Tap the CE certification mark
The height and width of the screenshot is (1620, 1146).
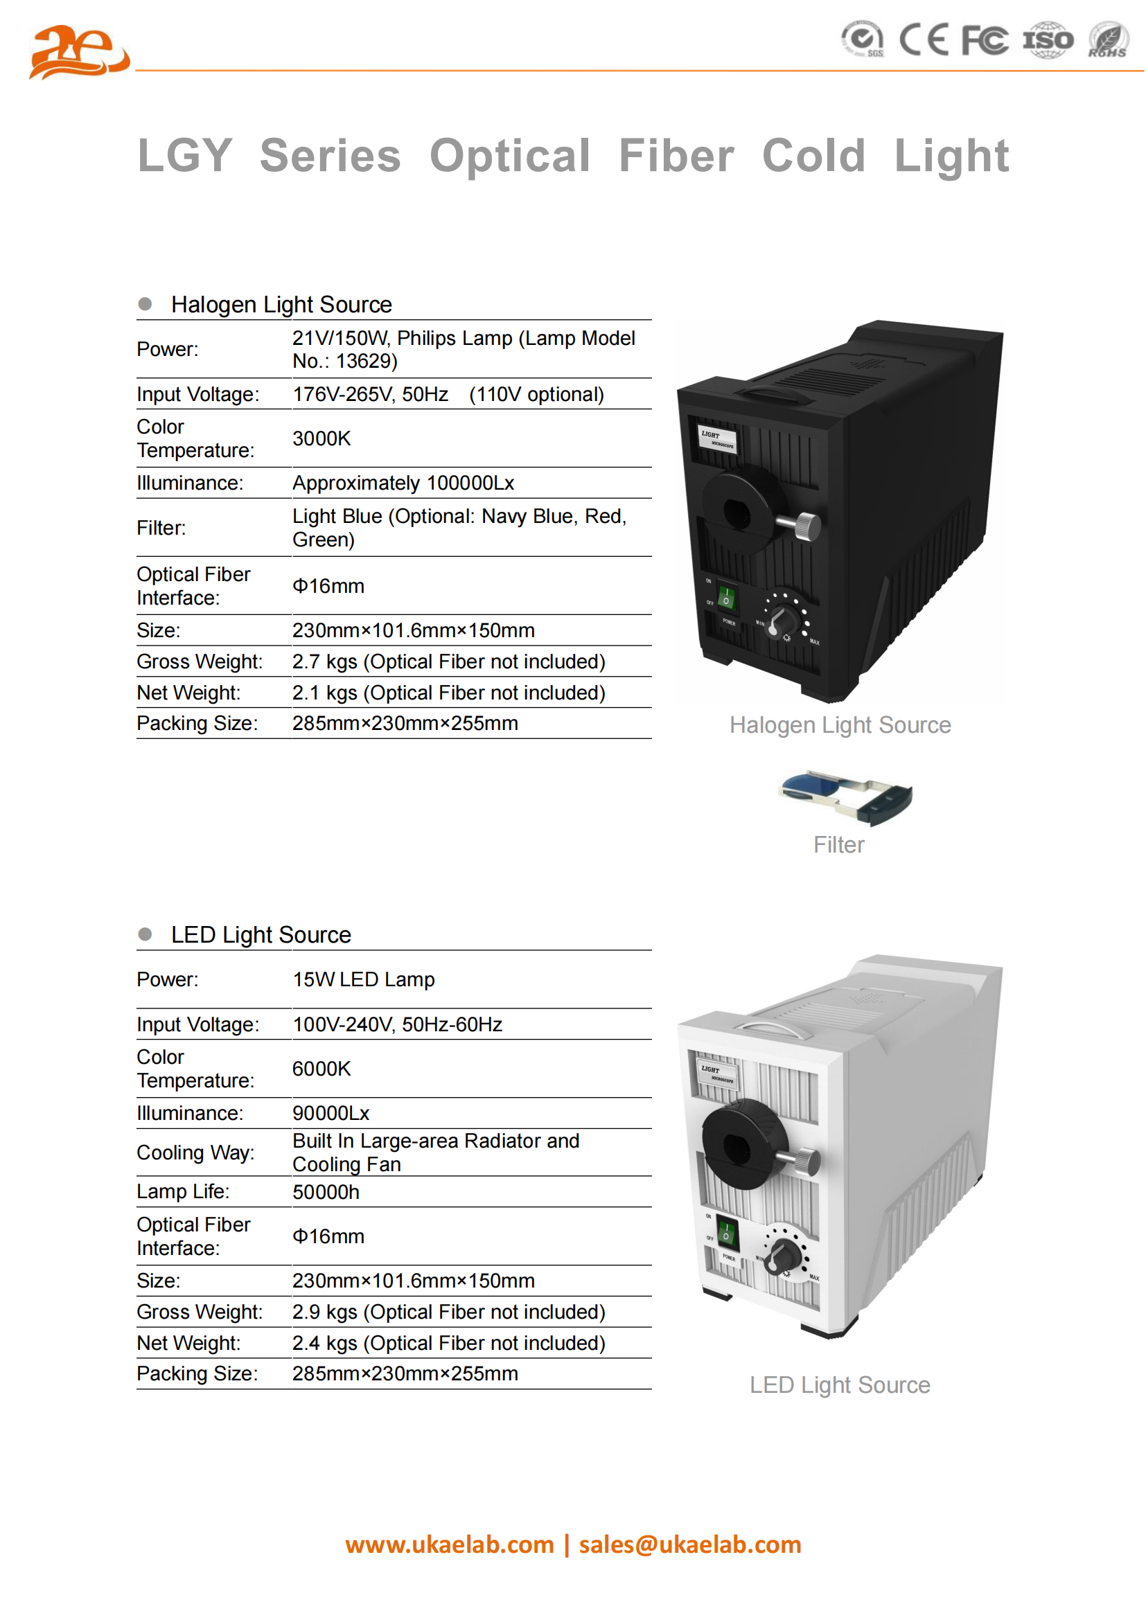923,39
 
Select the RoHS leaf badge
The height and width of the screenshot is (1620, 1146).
1107,39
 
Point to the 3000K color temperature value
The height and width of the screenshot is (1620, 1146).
321,438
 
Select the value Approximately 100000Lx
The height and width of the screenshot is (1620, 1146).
403,483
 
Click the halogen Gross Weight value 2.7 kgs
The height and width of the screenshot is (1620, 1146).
449,661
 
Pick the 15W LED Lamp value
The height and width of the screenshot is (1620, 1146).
364,979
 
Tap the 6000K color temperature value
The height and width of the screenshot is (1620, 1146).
321,1068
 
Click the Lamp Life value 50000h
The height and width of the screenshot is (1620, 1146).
326,1192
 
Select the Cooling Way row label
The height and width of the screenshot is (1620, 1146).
195,1152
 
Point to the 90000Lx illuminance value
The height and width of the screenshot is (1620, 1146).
331,1113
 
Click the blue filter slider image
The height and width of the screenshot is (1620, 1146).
845,797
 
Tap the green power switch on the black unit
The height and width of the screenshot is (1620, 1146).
725,598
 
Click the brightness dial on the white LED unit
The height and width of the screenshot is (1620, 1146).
784,1256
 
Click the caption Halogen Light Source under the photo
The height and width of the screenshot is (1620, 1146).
840,724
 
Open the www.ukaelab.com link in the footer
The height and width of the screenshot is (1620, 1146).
450,1545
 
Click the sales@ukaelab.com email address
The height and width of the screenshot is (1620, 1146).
689,1545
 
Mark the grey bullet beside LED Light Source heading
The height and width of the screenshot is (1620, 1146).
146,934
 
